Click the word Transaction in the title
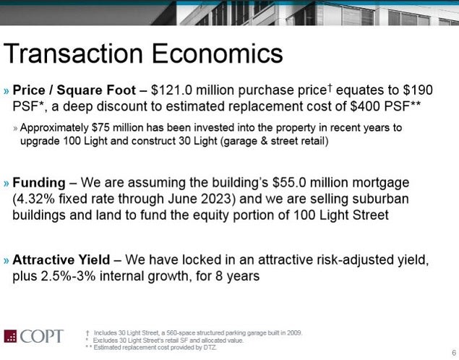click(73, 53)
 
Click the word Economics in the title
click(217, 53)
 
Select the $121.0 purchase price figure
click(172, 90)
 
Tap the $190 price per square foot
click(418, 90)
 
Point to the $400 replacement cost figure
click(365, 106)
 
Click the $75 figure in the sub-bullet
click(100, 128)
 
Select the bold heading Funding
click(39, 183)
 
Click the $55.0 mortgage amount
click(289, 183)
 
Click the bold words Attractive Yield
click(61, 260)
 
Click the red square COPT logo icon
click(10, 336)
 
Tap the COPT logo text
click(42, 336)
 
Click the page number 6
click(454, 353)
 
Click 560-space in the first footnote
click(176, 333)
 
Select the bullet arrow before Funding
click(7, 184)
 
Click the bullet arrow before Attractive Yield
click(7, 260)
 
